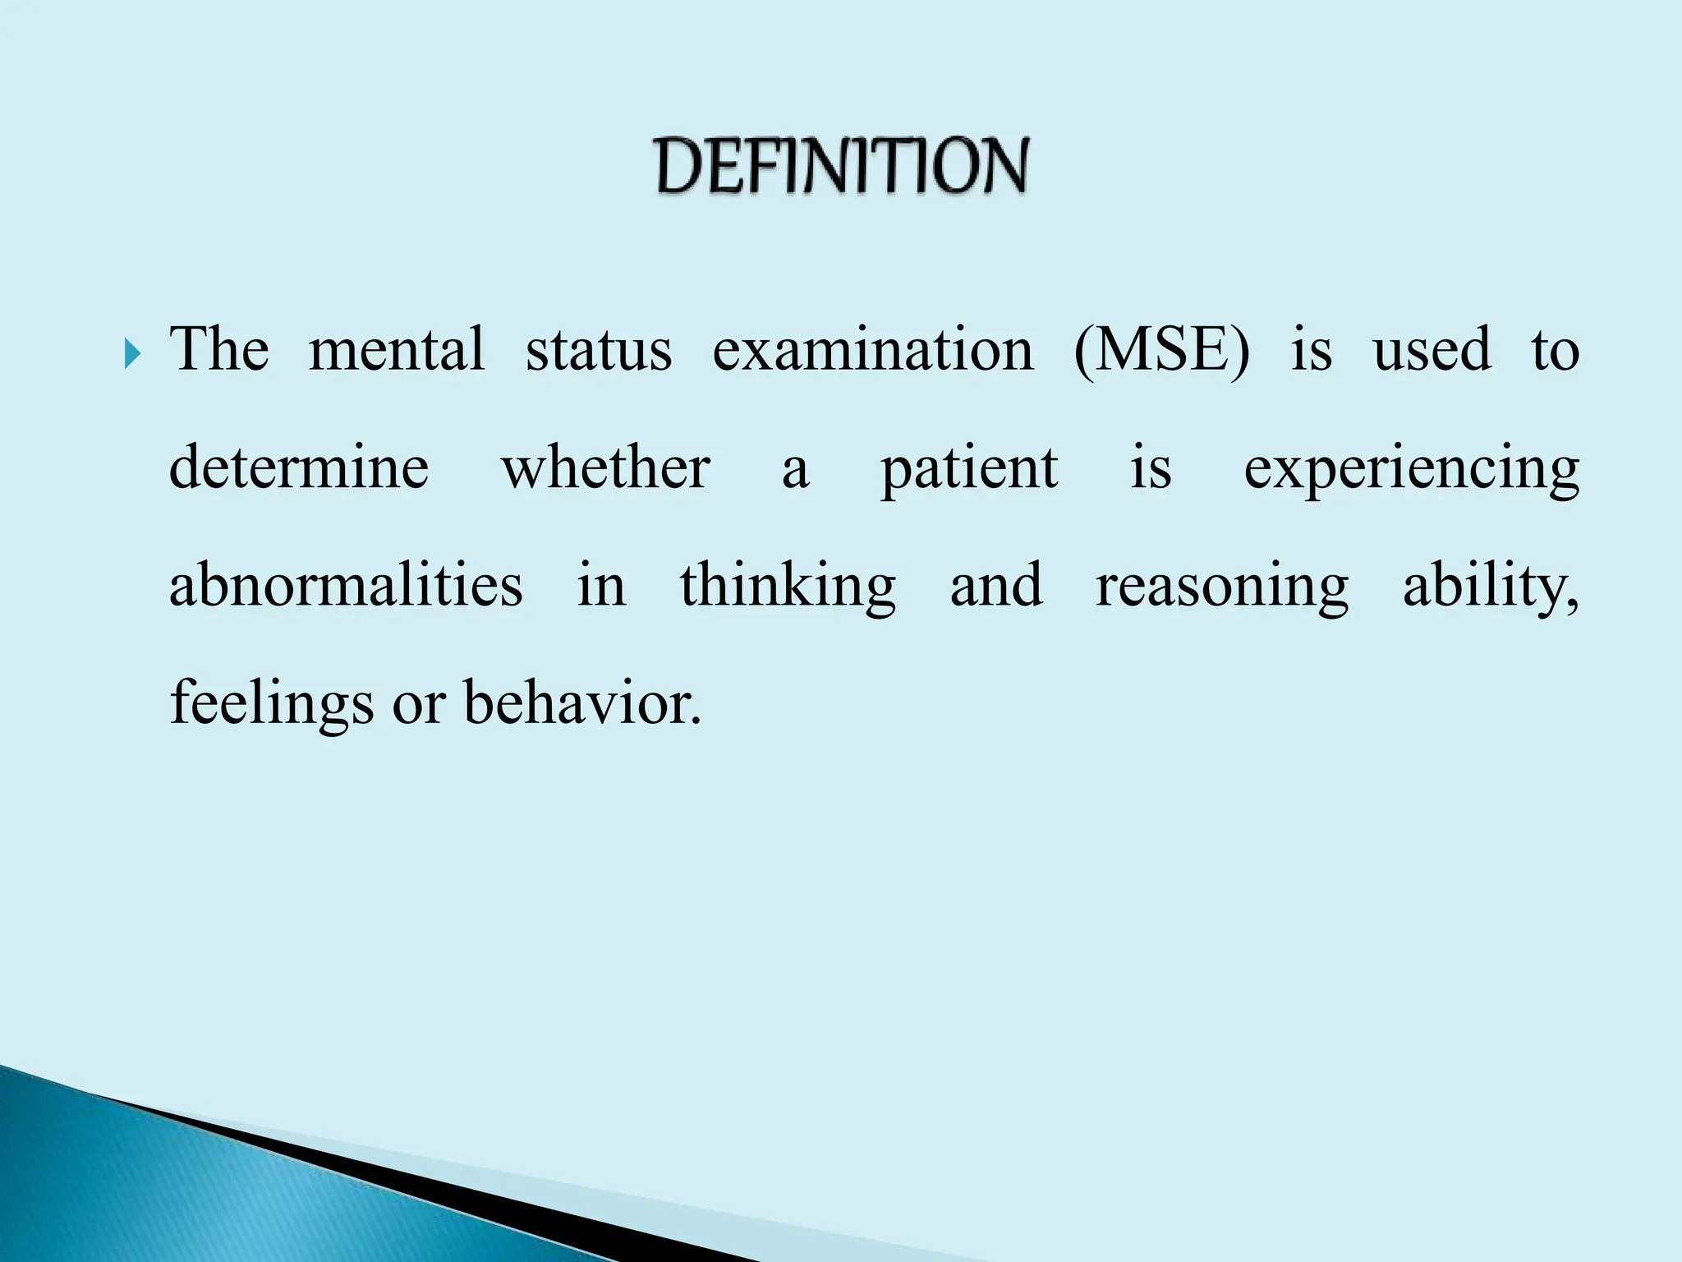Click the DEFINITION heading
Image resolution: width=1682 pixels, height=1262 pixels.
point(842,166)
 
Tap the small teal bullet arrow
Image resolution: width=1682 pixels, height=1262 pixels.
point(133,355)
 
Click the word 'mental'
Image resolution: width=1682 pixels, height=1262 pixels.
point(397,350)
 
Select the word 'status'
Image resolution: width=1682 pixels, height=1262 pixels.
point(599,350)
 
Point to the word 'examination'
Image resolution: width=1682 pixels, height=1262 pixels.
point(873,350)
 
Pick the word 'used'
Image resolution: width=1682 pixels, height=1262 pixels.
point(1432,350)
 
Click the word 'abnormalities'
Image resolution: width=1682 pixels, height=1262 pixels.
point(346,586)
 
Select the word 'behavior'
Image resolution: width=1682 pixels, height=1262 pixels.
point(582,703)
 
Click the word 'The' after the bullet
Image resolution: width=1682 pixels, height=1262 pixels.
point(219,350)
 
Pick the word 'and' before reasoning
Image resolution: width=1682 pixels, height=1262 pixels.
point(996,586)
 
